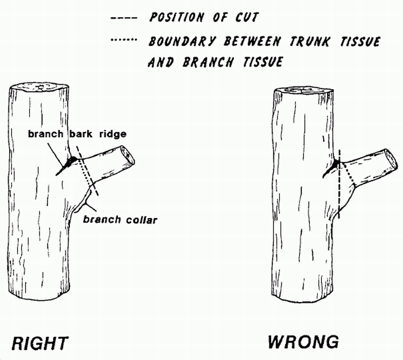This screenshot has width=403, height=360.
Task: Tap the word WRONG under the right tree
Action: pos(303,342)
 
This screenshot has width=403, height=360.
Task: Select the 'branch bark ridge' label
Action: pos(77,134)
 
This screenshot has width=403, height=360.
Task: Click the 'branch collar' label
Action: pos(120,220)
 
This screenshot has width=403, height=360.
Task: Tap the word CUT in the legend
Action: pos(247,18)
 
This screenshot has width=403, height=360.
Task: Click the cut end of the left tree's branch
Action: pos(127,155)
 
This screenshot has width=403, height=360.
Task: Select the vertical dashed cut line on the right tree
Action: pos(339,188)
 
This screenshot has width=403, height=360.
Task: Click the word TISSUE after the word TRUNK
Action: pos(358,41)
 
